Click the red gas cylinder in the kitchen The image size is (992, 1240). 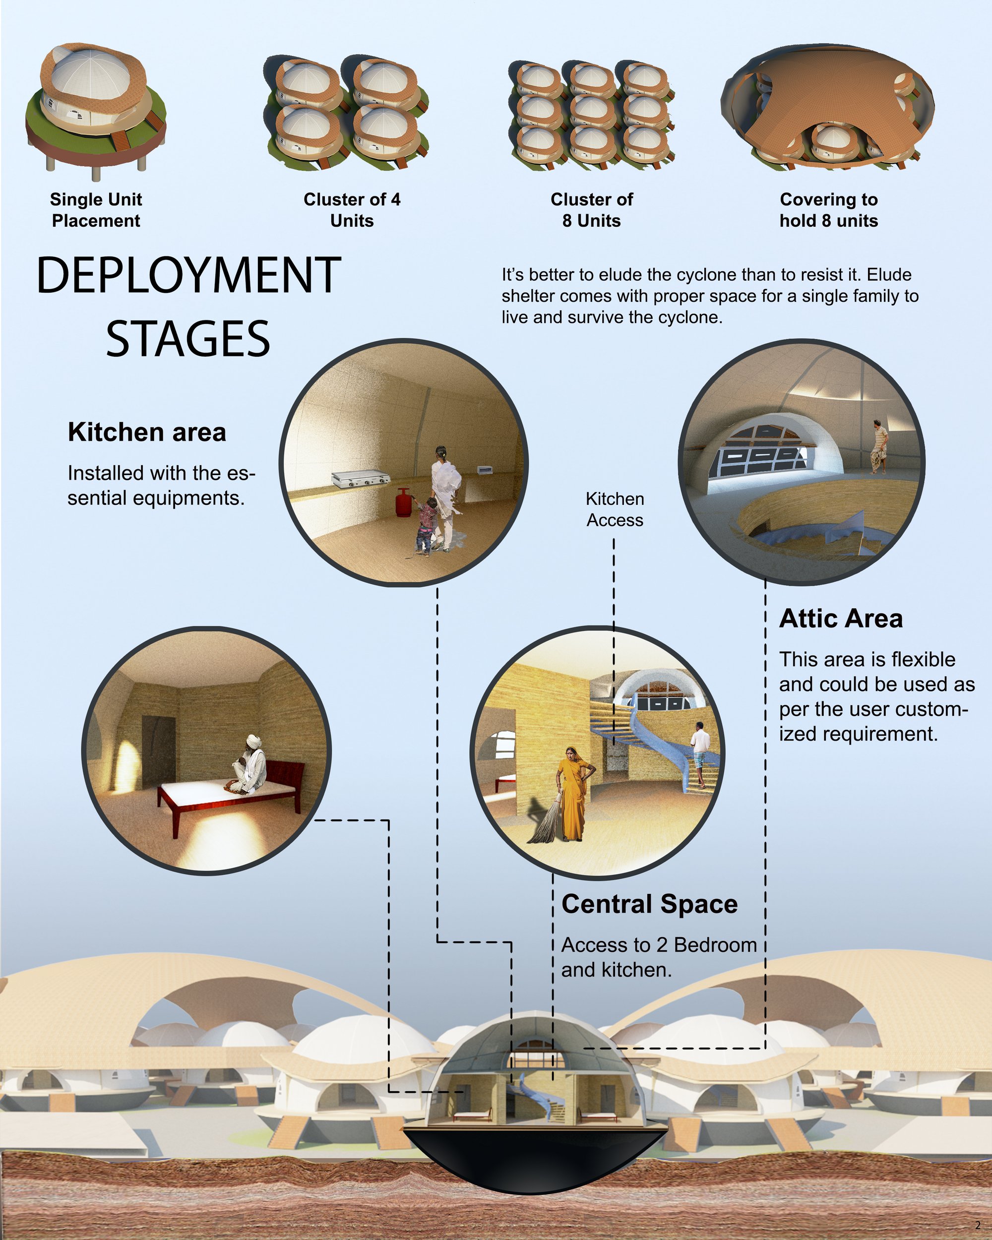click(403, 504)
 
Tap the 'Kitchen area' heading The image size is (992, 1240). click(147, 432)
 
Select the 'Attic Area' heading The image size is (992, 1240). click(841, 619)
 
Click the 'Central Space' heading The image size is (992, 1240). click(649, 904)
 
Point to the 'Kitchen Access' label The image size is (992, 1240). click(615, 509)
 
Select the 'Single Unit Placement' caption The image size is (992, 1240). click(96, 210)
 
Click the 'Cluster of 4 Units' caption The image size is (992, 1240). click(352, 210)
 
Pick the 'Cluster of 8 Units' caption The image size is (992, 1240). click(592, 210)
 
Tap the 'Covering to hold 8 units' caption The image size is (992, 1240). click(829, 210)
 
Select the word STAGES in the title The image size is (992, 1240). click(188, 339)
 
